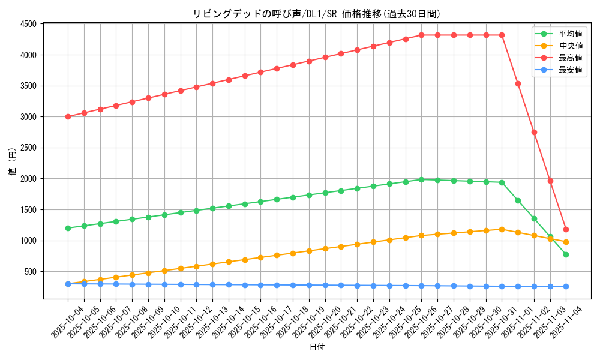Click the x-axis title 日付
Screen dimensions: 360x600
tap(317, 347)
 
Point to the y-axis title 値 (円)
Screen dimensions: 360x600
tap(13, 161)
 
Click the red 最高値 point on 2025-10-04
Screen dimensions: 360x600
tap(68, 116)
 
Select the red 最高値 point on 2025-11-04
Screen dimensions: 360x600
tap(566, 229)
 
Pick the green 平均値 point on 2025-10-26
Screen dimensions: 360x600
tap(421, 179)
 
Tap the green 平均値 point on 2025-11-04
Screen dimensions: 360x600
tap(566, 254)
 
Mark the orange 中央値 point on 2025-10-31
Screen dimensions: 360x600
tap(502, 229)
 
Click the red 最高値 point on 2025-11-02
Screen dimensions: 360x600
tap(534, 132)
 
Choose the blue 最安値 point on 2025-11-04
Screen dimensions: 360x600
tap(566, 286)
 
